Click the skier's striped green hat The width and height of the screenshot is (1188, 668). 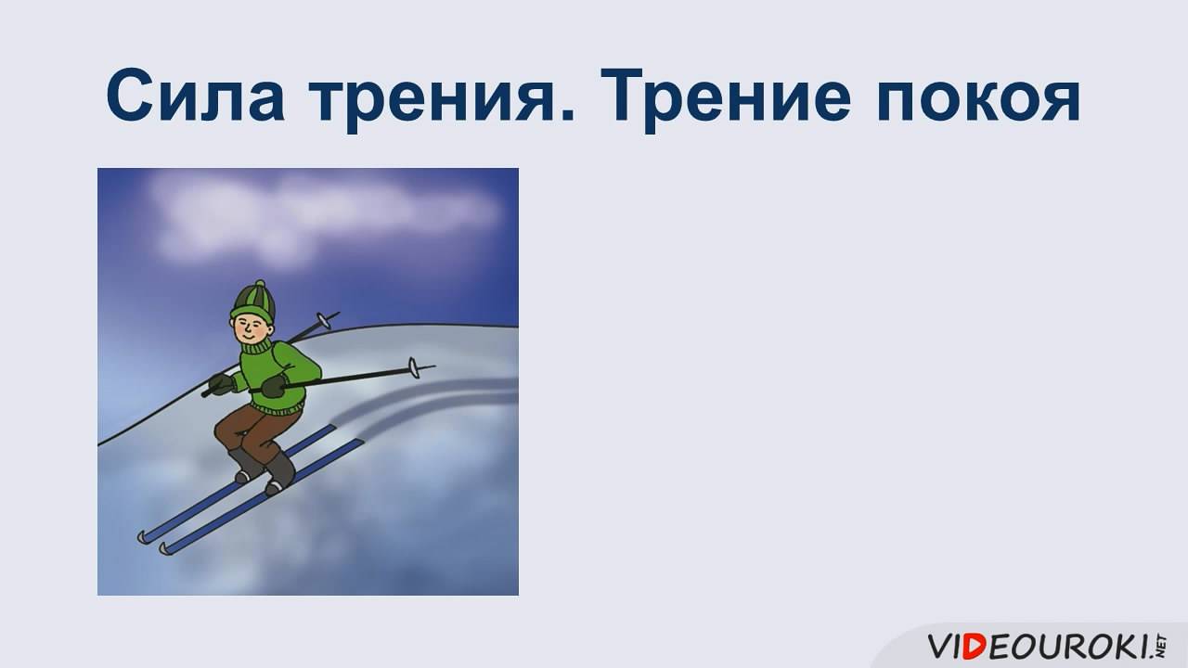(x=252, y=300)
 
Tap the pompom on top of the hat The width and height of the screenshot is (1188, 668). (x=260, y=284)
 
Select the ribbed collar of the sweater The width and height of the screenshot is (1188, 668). (x=259, y=349)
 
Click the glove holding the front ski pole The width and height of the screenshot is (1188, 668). (x=273, y=385)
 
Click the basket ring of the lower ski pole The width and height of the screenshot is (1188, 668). (x=416, y=369)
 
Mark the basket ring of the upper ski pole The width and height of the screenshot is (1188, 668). (x=322, y=320)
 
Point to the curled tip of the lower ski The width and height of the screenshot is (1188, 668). (x=165, y=547)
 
